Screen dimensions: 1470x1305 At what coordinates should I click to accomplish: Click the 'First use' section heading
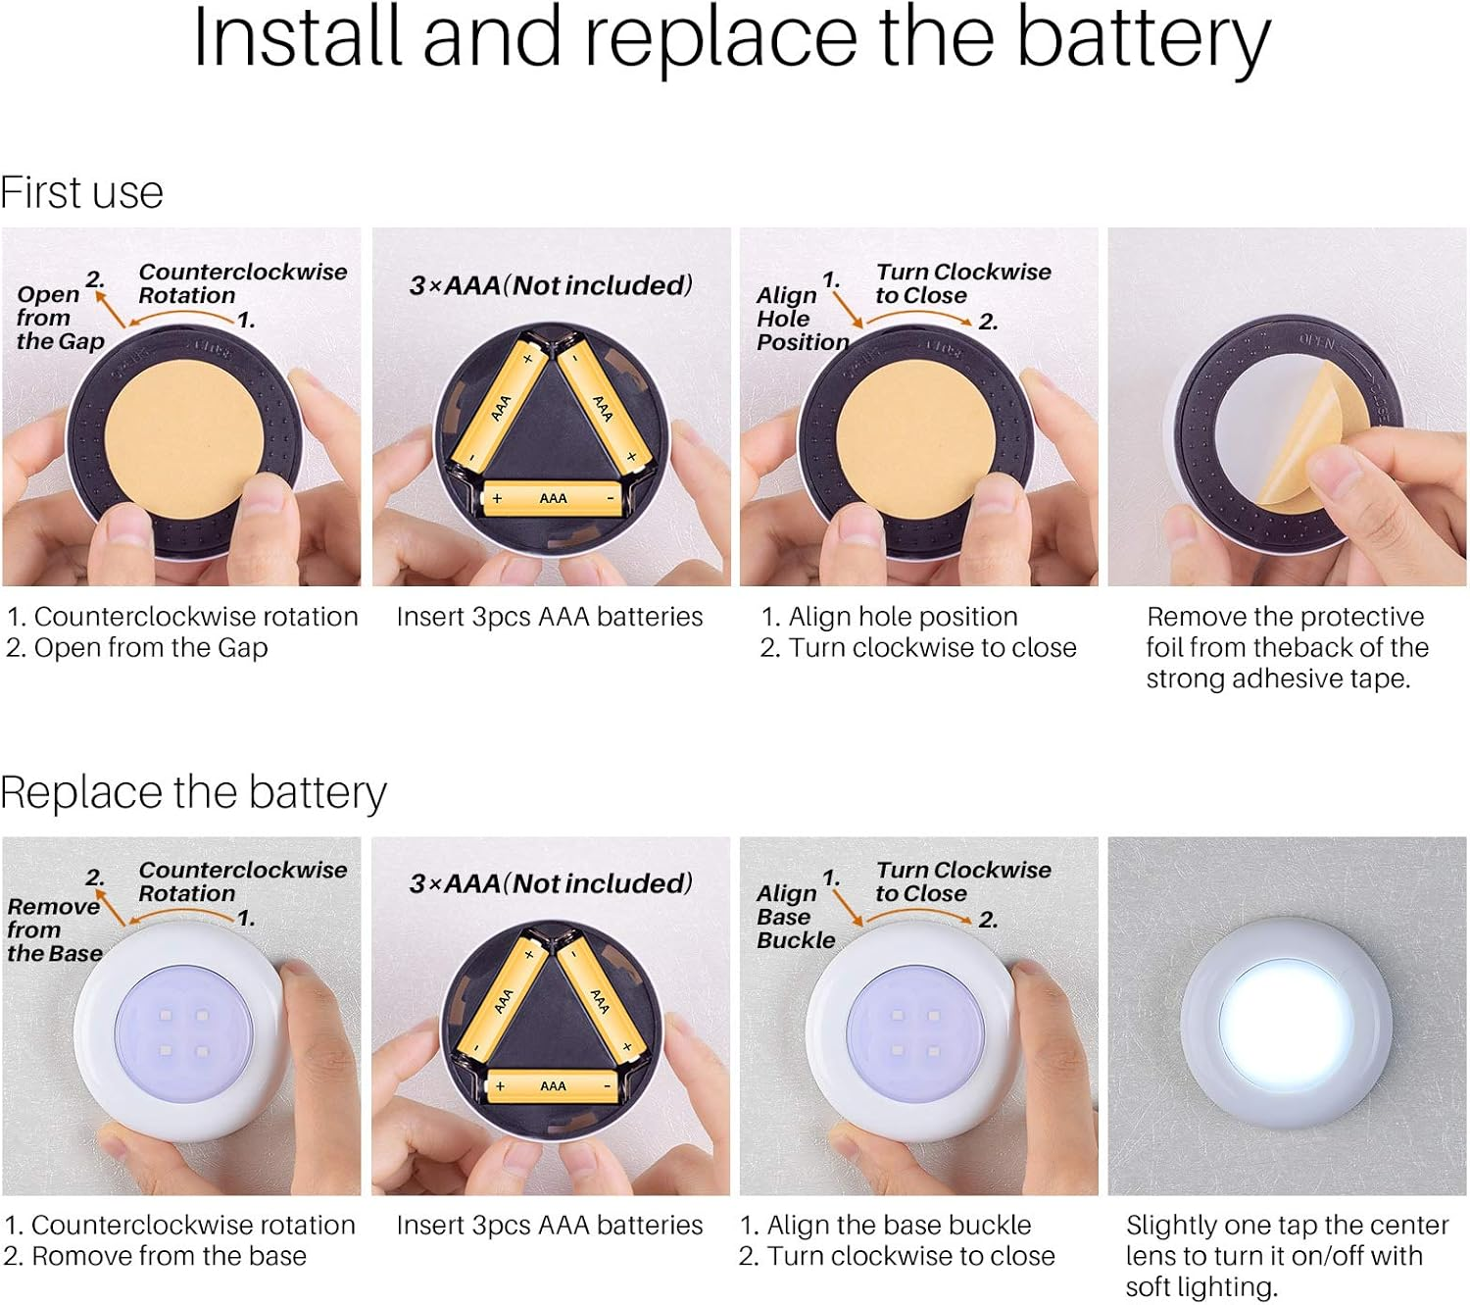click(81, 193)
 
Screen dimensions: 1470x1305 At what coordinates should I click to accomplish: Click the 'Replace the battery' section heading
click(193, 792)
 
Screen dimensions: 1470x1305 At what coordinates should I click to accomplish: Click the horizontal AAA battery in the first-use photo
click(553, 499)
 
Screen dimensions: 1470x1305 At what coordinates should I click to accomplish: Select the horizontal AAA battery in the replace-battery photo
click(553, 1086)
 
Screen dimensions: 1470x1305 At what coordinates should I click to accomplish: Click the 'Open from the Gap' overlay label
click(60, 317)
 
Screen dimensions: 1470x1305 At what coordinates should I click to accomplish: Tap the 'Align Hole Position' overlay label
click(802, 319)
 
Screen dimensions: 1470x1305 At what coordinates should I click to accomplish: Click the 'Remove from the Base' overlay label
click(55, 929)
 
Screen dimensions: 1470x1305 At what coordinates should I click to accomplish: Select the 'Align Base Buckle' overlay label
click(795, 917)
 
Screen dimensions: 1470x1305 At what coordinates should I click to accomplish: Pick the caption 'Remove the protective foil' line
click(1285, 617)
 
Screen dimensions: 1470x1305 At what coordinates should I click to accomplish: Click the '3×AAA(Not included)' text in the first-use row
click(551, 285)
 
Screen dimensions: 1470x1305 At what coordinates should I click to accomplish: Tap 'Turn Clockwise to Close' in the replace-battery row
click(962, 881)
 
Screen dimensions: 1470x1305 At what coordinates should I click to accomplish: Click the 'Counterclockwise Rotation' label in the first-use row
click(242, 283)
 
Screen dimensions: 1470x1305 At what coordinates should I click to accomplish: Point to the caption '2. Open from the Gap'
click(137, 647)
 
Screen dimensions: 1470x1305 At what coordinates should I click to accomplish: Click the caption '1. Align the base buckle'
click(885, 1226)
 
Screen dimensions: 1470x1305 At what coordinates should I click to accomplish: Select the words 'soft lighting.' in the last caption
click(1200, 1286)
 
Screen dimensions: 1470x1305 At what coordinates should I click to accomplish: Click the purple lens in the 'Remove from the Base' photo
click(184, 1034)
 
